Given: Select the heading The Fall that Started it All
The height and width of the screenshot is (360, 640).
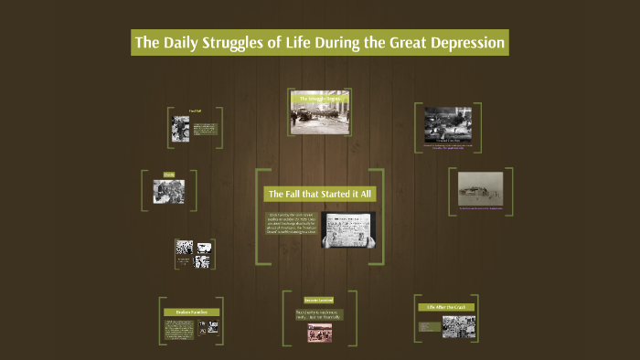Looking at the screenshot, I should click(320, 195).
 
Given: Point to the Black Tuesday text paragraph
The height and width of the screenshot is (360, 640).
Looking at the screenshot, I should click(292, 225).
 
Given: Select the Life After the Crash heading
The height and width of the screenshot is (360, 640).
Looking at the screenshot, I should click(446, 307).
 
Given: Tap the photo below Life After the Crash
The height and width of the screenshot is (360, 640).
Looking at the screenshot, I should click(458, 326).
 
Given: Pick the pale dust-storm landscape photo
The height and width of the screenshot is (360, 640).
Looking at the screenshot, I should click(481, 189).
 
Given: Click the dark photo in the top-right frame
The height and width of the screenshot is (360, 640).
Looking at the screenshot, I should click(447, 124).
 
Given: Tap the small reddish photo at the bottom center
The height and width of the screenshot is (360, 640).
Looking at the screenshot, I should click(319, 334).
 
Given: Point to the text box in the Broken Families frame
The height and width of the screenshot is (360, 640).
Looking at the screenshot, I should click(177, 328).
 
